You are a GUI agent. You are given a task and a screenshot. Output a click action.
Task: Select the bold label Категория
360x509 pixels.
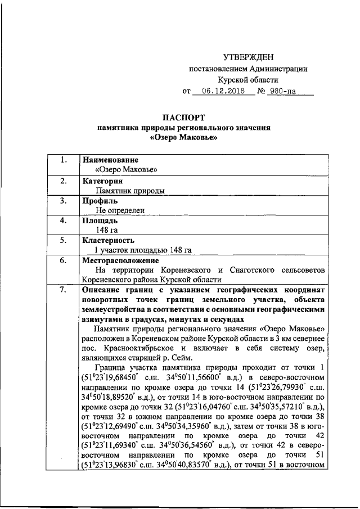(103, 182)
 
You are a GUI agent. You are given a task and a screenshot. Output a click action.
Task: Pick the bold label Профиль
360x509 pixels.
(100, 201)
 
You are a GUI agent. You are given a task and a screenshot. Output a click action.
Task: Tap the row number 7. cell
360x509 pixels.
(63, 290)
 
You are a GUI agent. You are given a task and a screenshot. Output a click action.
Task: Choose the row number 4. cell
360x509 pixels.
(63, 220)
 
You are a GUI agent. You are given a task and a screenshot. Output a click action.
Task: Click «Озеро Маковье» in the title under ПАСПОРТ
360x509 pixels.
(183, 137)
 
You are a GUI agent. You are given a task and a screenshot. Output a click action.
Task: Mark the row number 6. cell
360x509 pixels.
(63, 260)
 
